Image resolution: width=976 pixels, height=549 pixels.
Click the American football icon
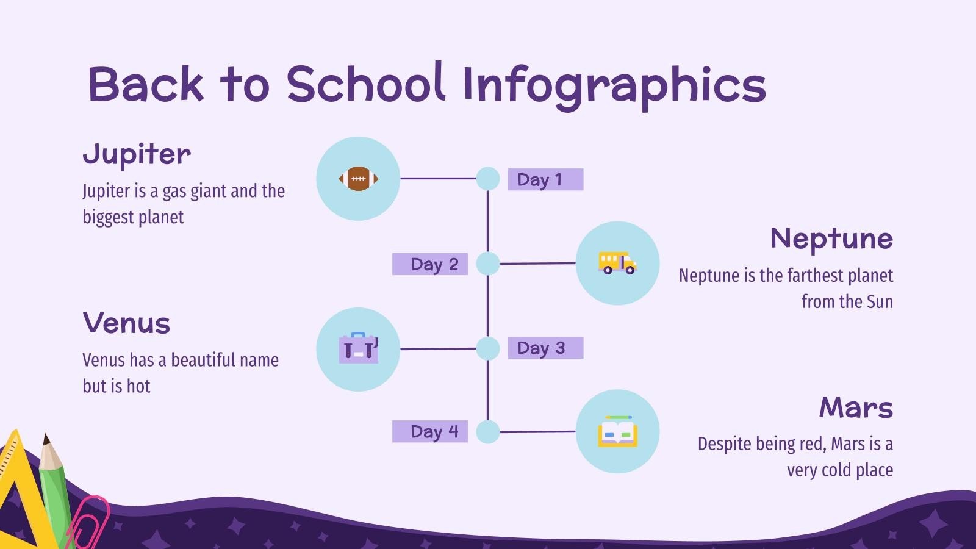(x=359, y=179)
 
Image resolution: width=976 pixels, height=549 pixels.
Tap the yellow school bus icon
(x=617, y=263)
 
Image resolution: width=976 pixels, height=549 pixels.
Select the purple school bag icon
(x=359, y=348)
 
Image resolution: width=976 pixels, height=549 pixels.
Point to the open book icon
(x=617, y=432)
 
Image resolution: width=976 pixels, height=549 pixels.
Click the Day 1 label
(x=545, y=180)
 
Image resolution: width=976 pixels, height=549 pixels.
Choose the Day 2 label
(x=430, y=264)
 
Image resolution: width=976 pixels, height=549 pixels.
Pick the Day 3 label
(x=545, y=348)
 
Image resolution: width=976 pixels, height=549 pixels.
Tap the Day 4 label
(x=430, y=432)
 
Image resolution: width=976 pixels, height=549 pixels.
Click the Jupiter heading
(x=137, y=155)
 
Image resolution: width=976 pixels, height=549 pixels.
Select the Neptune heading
(x=831, y=239)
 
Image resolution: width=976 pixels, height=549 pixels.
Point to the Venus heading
(x=126, y=323)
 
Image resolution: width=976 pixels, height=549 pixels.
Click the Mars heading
(x=856, y=407)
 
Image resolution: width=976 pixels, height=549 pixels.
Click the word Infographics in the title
(x=614, y=85)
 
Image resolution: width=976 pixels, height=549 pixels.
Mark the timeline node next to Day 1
(x=487, y=179)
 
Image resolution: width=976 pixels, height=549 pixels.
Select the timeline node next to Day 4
(x=487, y=432)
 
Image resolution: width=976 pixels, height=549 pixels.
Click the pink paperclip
(x=88, y=522)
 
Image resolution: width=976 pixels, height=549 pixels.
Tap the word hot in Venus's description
(x=138, y=386)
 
